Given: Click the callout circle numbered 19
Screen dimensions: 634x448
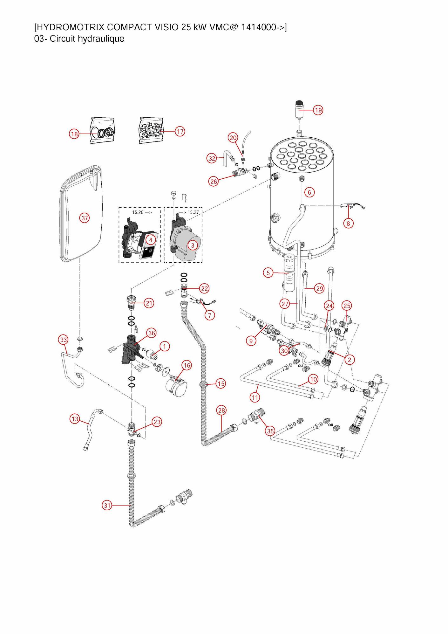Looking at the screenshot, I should (x=318, y=110).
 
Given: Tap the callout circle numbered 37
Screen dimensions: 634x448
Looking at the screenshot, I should (x=85, y=218).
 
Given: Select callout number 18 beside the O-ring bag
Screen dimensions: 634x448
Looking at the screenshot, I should (x=74, y=134).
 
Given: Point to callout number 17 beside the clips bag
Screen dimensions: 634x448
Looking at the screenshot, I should (x=180, y=131).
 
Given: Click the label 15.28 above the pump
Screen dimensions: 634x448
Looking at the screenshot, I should (x=138, y=212).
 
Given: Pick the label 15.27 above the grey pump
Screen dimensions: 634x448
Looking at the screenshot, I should (x=193, y=212).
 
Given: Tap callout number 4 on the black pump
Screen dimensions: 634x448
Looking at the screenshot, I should (x=151, y=240).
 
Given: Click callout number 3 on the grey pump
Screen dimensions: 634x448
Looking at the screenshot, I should (x=193, y=245).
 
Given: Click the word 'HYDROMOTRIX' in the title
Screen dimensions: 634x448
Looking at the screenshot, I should (x=70, y=27).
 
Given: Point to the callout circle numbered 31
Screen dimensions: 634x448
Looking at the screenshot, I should (x=107, y=505).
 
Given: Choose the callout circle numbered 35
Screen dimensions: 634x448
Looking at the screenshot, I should (x=270, y=431).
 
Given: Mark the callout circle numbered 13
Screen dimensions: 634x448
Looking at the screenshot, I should (x=75, y=419).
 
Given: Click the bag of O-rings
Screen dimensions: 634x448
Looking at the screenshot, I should (x=102, y=131).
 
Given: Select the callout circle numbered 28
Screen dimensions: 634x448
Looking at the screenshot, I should (x=221, y=410).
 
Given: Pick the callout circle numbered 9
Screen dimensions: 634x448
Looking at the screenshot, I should (x=251, y=341).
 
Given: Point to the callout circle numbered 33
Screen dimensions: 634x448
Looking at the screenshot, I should (x=64, y=340).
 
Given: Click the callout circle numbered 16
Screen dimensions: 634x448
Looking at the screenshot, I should (x=187, y=365).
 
